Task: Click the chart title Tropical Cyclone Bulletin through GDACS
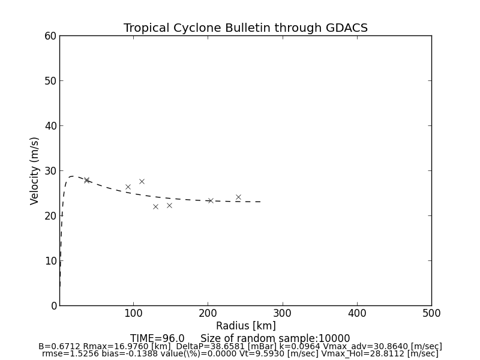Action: tap(245, 28)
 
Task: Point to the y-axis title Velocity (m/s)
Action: tap(35, 170)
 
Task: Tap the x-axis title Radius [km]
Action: tap(245, 326)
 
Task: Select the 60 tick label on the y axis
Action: tap(50, 36)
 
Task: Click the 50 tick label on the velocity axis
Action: tap(50, 81)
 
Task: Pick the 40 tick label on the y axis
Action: tap(50, 126)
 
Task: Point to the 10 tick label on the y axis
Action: tap(50, 261)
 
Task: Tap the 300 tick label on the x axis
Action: tap(283, 313)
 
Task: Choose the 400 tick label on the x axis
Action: tap(357, 313)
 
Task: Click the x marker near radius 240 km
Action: tap(238, 197)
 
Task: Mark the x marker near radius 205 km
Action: tap(211, 200)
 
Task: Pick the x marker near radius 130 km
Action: tap(155, 206)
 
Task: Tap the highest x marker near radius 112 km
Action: tap(142, 181)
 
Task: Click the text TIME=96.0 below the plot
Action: tap(157, 338)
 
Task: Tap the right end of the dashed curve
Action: tap(260, 202)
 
